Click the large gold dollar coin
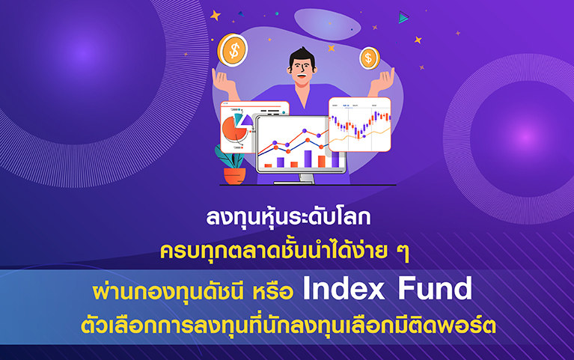(233, 50)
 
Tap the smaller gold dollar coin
(369, 58)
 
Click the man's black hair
(302, 58)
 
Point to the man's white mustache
(302, 76)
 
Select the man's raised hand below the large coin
(224, 82)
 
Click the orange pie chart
(234, 129)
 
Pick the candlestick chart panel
(359, 124)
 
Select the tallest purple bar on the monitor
(308, 159)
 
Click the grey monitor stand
(306, 178)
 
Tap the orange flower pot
(235, 176)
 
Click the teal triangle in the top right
(403, 17)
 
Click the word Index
(344, 289)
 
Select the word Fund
(435, 289)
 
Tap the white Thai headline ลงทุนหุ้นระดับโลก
(288, 218)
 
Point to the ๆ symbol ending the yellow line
(403, 252)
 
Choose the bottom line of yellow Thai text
(288, 325)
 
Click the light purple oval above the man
(328, 24)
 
